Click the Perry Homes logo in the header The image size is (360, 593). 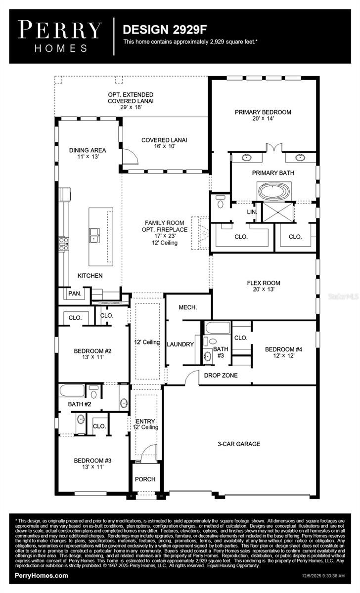click(60, 36)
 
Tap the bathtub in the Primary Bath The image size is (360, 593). click(273, 190)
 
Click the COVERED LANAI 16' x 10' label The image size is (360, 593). click(164, 143)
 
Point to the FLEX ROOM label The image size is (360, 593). click(264, 286)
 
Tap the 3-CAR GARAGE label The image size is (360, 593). click(239, 444)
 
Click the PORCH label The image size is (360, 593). click(145, 479)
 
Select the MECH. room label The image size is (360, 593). click(187, 307)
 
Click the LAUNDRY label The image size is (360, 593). click(180, 344)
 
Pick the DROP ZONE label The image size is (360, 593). click(221, 376)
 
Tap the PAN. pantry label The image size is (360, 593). click(75, 294)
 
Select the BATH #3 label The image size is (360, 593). click(219, 352)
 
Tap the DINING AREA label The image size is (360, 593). click(88, 154)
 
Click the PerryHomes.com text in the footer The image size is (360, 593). click(42, 576)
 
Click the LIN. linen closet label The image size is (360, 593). click(251, 212)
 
